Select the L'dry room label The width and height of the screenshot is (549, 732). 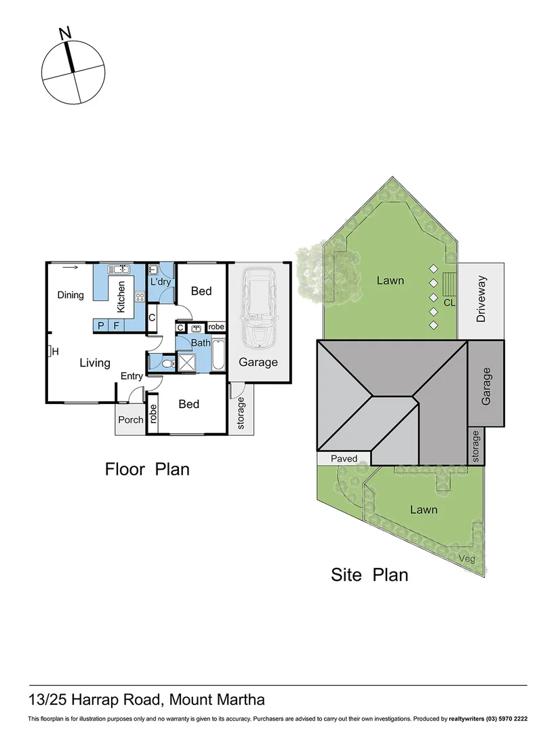pyautogui.click(x=160, y=281)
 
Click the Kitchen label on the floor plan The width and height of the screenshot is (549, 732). pyautogui.click(x=122, y=296)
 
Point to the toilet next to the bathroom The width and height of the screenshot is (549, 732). pyautogui.click(x=166, y=363)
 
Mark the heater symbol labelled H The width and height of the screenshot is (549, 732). pyautogui.click(x=51, y=351)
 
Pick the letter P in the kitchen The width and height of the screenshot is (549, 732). pyautogui.click(x=101, y=326)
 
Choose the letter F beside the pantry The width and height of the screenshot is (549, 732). pyautogui.click(x=117, y=326)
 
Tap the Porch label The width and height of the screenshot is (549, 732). pyautogui.click(x=131, y=420)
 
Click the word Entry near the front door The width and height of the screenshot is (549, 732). pyautogui.click(x=131, y=376)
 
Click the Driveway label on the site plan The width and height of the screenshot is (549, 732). pyautogui.click(x=481, y=300)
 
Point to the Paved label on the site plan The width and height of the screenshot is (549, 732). pyautogui.click(x=344, y=459)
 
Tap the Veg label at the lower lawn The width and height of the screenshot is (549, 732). pyautogui.click(x=466, y=558)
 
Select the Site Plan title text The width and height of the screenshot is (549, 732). pyautogui.click(x=369, y=575)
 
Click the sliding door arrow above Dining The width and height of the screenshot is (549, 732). pyautogui.click(x=69, y=268)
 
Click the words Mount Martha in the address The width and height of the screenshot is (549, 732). pyautogui.click(x=217, y=699)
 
